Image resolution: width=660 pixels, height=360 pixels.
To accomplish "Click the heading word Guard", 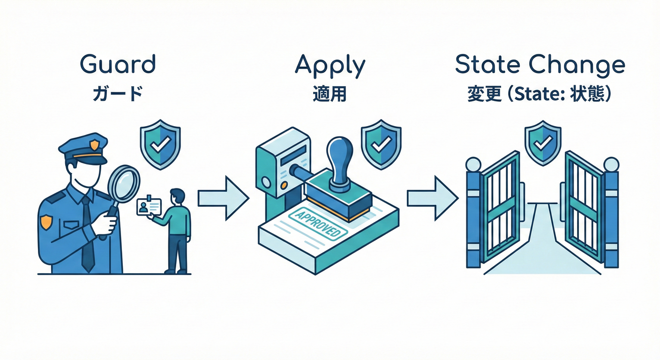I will tap(118, 65).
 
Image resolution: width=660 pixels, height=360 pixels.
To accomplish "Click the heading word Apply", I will tap(330, 66).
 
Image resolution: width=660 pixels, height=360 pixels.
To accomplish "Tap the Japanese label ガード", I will tap(118, 93).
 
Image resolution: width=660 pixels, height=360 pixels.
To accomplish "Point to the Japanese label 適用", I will tap(330, 93).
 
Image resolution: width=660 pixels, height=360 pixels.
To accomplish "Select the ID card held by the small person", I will tap(149, 207).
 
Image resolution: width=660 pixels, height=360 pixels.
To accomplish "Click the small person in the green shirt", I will tap(177, 230).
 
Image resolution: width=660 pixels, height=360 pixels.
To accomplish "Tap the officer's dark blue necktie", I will tap(87, 234).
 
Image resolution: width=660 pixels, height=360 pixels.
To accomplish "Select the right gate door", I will tap(584, 206).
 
